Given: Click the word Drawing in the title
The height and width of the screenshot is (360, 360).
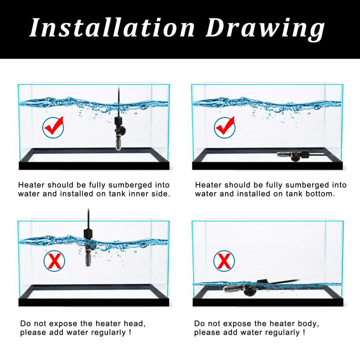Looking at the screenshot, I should [x=265, y=27].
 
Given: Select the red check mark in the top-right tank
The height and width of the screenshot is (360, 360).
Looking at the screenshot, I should [x=224, y=127].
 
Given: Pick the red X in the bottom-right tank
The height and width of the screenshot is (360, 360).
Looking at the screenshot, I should [x=224, y=260].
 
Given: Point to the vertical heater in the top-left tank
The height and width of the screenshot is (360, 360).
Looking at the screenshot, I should [x=118, y=131].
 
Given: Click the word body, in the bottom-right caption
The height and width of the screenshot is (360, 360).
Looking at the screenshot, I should [x=307, y=323].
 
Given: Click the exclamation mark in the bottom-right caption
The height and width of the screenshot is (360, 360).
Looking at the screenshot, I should [x=302, y=332].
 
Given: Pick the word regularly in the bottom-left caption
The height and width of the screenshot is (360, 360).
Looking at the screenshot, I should [x=105, y=332].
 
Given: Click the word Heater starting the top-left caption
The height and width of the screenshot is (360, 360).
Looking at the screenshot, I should [x=31, y=185].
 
